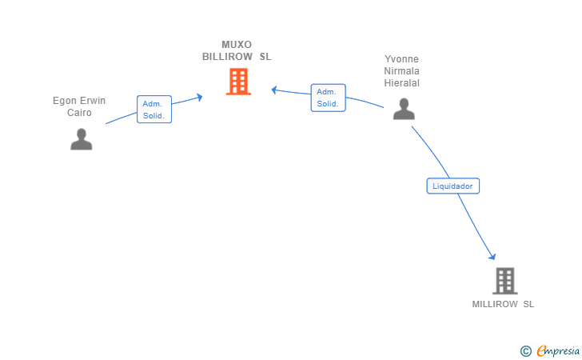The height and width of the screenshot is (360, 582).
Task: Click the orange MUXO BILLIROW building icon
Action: tap(238, 82)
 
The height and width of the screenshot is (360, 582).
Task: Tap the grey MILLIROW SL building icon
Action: tap(504, 281)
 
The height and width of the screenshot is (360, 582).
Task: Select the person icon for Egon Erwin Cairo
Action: tap(82, 139)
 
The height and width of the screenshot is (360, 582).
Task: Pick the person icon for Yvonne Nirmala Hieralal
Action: tap(404, 109)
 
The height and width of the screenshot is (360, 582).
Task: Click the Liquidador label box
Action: tap(452, 186)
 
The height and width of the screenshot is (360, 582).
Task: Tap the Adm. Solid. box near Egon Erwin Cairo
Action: tap(154, 110)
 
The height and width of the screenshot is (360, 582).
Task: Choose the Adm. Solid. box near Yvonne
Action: tap(328, 98)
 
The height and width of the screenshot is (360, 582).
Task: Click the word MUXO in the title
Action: tap(237, 45)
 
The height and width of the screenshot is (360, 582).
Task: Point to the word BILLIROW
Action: tap(227, 57)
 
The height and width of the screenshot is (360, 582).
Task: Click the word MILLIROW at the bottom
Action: tap(495, 304)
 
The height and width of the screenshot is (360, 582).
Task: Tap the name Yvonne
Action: tap(401, 59)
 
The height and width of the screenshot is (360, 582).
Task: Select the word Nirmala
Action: tap(401, 71)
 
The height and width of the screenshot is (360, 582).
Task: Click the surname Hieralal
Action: tap(401, 83)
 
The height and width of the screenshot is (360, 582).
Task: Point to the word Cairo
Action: tap(79, 113)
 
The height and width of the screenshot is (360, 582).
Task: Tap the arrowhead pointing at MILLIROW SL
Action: tap(492, 256)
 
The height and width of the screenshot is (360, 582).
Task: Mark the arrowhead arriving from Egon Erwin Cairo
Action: tap(200, 98)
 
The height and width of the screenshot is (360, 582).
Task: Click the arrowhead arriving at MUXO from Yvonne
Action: tap(274, 90)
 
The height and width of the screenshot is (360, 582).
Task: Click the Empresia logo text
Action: tap(558, 350)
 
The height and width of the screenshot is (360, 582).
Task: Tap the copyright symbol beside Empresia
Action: tap(525, 351)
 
